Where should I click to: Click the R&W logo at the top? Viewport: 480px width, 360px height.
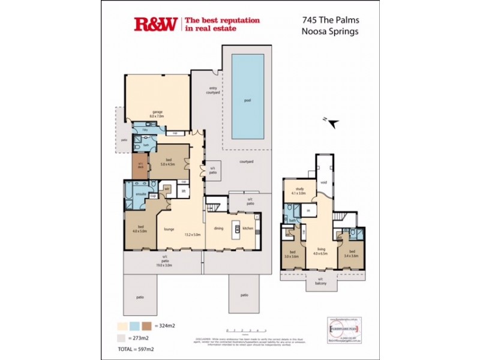tap(155, 24)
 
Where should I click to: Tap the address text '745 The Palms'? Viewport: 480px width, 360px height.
tap(331, 20)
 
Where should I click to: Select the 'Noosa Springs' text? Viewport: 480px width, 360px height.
tap(331, 32)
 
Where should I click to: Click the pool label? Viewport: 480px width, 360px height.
tap(247, 100)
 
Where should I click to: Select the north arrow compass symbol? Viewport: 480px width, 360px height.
tap(332, 123)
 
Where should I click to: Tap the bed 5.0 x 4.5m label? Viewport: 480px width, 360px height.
tap(167, 160)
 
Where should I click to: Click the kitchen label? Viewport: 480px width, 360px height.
tap(247, 228)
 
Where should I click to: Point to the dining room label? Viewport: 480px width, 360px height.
tap(219, 228)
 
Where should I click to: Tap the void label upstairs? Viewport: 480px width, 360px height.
tap(323, 184)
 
